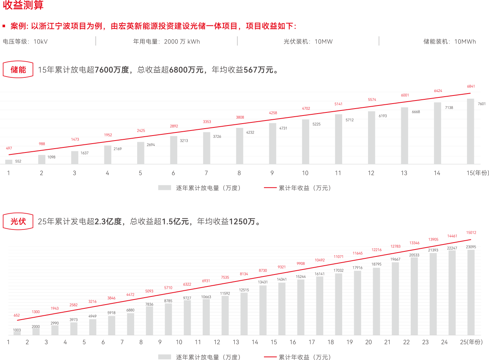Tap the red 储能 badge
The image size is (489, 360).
pos(18,69)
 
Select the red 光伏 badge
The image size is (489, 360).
pos(18,221)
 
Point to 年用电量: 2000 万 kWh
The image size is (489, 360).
pos(166,42)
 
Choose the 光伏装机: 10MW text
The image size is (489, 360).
pos(308,42)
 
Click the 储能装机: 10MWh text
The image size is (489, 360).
pos(450,42)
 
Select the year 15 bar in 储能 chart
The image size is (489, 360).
pos(471,131)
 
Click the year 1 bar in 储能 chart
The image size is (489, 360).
pos(8,161)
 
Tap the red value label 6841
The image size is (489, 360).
pos(471,87)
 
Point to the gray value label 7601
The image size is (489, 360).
pos(482,104)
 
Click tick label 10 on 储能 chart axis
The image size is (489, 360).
pos(305,173)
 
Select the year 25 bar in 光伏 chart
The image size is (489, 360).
pos(471,292)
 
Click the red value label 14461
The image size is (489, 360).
pos(452,236)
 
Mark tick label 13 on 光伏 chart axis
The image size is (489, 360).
pos(236,342)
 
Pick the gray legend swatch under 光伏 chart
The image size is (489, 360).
pos(165,357)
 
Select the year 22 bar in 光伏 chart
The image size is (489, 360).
pos(414,296)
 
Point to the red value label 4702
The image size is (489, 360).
pos(306,109)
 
